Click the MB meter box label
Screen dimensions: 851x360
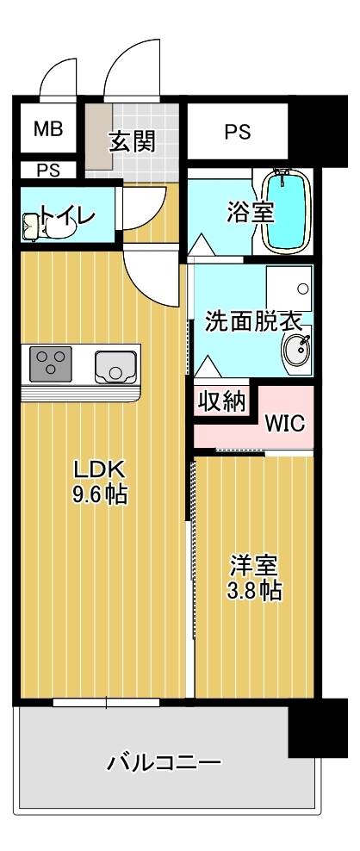point(48,129)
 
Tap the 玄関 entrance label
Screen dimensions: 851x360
point(132,140)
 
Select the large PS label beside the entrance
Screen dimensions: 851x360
point(238,132)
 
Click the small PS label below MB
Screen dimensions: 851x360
point(48,170)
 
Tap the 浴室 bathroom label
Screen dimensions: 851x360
point(251,211)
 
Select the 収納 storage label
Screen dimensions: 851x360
point(222,402)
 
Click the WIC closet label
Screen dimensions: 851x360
point(284,424)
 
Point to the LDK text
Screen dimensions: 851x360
point(99,469)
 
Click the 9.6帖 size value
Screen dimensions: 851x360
point(99,495)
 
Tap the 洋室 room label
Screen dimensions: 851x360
point(253,566)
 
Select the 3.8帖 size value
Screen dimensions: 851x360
point(253,592)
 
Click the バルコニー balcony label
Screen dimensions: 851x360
point(164,763)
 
